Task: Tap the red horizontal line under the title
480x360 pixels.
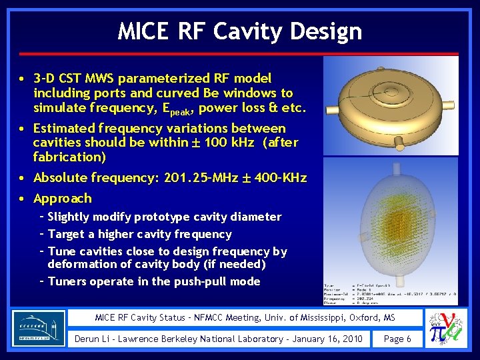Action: [x=240, y=53]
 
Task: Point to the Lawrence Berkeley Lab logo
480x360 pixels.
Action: [x=39, y=328]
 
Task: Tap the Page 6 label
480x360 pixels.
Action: [x=397, y=339]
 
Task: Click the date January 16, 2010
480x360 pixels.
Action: [x=326, y=339]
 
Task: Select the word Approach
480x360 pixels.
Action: [x=63, y=199]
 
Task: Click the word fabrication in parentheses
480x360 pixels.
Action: [x=67, y=157]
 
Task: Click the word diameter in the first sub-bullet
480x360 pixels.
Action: [x=257, y=217]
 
